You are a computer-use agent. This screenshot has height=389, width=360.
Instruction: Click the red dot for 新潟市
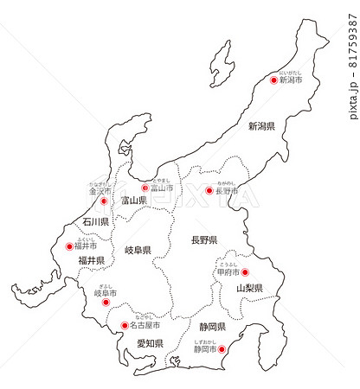(x=274, y=80)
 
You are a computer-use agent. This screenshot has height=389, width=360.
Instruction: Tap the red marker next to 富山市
(x=145, y=188)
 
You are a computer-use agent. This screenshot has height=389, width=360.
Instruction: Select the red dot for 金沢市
(x=104, y=201)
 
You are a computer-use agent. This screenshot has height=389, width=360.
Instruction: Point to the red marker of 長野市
(x=209, y=191)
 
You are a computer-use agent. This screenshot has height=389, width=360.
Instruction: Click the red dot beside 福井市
(x=70, y=246)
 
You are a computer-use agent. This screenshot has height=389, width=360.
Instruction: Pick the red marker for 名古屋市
(x=124, y=326)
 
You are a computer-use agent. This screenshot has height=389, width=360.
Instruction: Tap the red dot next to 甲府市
(x=244, y=272)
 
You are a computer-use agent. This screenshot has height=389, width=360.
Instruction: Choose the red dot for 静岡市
(x=222, y=350)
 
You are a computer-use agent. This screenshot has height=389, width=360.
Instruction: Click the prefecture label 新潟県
(x=261, y=126)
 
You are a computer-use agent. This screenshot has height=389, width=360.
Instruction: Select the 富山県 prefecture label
(x=134, y=201)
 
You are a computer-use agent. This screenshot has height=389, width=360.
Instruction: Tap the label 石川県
(x=96, y=222)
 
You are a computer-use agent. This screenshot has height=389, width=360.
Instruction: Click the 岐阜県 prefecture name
(x=138, y=251)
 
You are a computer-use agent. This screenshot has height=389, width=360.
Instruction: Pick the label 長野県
(x=203, y=239)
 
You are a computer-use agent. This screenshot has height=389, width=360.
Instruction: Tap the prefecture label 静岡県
(x=212, y=327)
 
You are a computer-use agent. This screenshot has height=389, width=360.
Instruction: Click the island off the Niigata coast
(x=222, y=63)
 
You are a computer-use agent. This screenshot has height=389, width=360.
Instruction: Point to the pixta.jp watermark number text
(x=352, y=61)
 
